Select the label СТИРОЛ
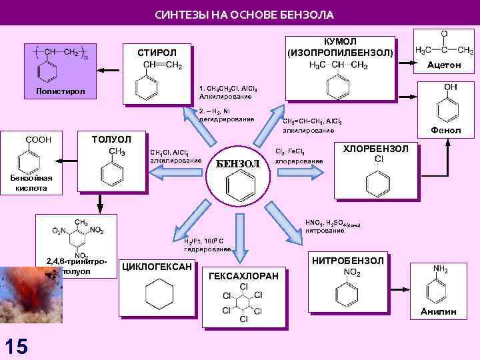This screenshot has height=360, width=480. click(157, 53)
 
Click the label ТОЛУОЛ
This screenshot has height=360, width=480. click(111, 139)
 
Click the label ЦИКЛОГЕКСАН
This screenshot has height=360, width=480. click(157, 267)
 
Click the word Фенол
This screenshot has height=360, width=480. click(446, 130)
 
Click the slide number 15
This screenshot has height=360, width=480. click(16, 346)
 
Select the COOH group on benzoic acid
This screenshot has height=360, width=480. click(38, 139)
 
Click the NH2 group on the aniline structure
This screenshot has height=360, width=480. click(441, 269)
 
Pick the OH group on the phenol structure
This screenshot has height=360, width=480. click(450, 87)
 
